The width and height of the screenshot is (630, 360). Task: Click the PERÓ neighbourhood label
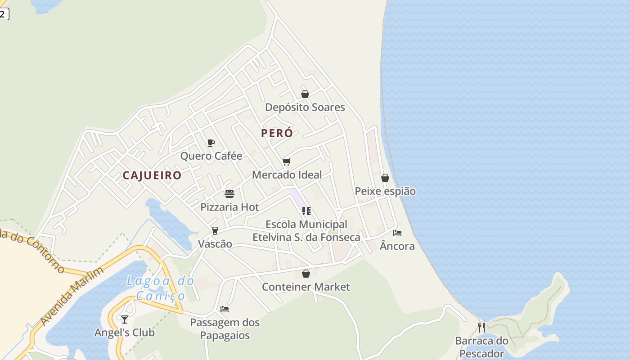coord(277,133)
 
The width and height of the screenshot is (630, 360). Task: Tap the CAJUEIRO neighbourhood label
coord(152,175)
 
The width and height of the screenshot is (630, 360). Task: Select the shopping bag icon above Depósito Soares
coord(305,94)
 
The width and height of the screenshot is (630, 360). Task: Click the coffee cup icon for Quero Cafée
coord(211,143)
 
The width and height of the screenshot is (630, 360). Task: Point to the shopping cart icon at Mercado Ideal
coord(287,162)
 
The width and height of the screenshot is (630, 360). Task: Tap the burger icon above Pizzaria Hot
coord(229,194)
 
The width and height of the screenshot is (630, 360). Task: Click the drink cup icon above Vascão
coord(215,231)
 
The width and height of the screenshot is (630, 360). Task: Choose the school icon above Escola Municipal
coord(306,211)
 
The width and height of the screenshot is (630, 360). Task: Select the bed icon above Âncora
coord(397,233)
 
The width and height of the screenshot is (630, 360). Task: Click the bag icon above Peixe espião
coord(385,178)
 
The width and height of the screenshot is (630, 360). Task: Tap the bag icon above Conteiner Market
coord(306,274)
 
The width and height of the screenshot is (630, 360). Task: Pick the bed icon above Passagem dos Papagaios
coord(225,309)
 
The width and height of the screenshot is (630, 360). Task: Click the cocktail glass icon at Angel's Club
coord(125,319)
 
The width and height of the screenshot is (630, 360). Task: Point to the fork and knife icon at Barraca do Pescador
coord(481,327)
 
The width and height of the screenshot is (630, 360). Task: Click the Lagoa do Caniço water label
coord(161,288)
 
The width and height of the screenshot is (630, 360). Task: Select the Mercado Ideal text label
coord(287,175)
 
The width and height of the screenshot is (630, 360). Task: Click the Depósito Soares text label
coord(305,107)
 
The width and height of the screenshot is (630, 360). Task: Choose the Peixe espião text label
coord(385,191)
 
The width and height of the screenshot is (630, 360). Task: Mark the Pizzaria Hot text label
coord(229,207)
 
